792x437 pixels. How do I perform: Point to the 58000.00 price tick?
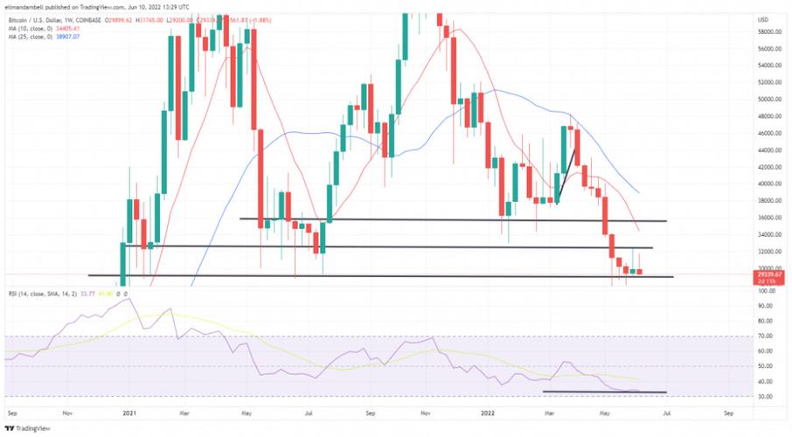click(769, 32)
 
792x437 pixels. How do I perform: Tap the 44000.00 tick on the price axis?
click(769, 150)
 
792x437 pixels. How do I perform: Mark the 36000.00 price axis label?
click(769, 218)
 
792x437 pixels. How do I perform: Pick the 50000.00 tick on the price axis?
click(769, 100)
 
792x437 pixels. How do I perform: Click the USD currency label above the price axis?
click(763, 19)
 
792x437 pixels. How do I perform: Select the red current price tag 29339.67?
click(769, 274)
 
